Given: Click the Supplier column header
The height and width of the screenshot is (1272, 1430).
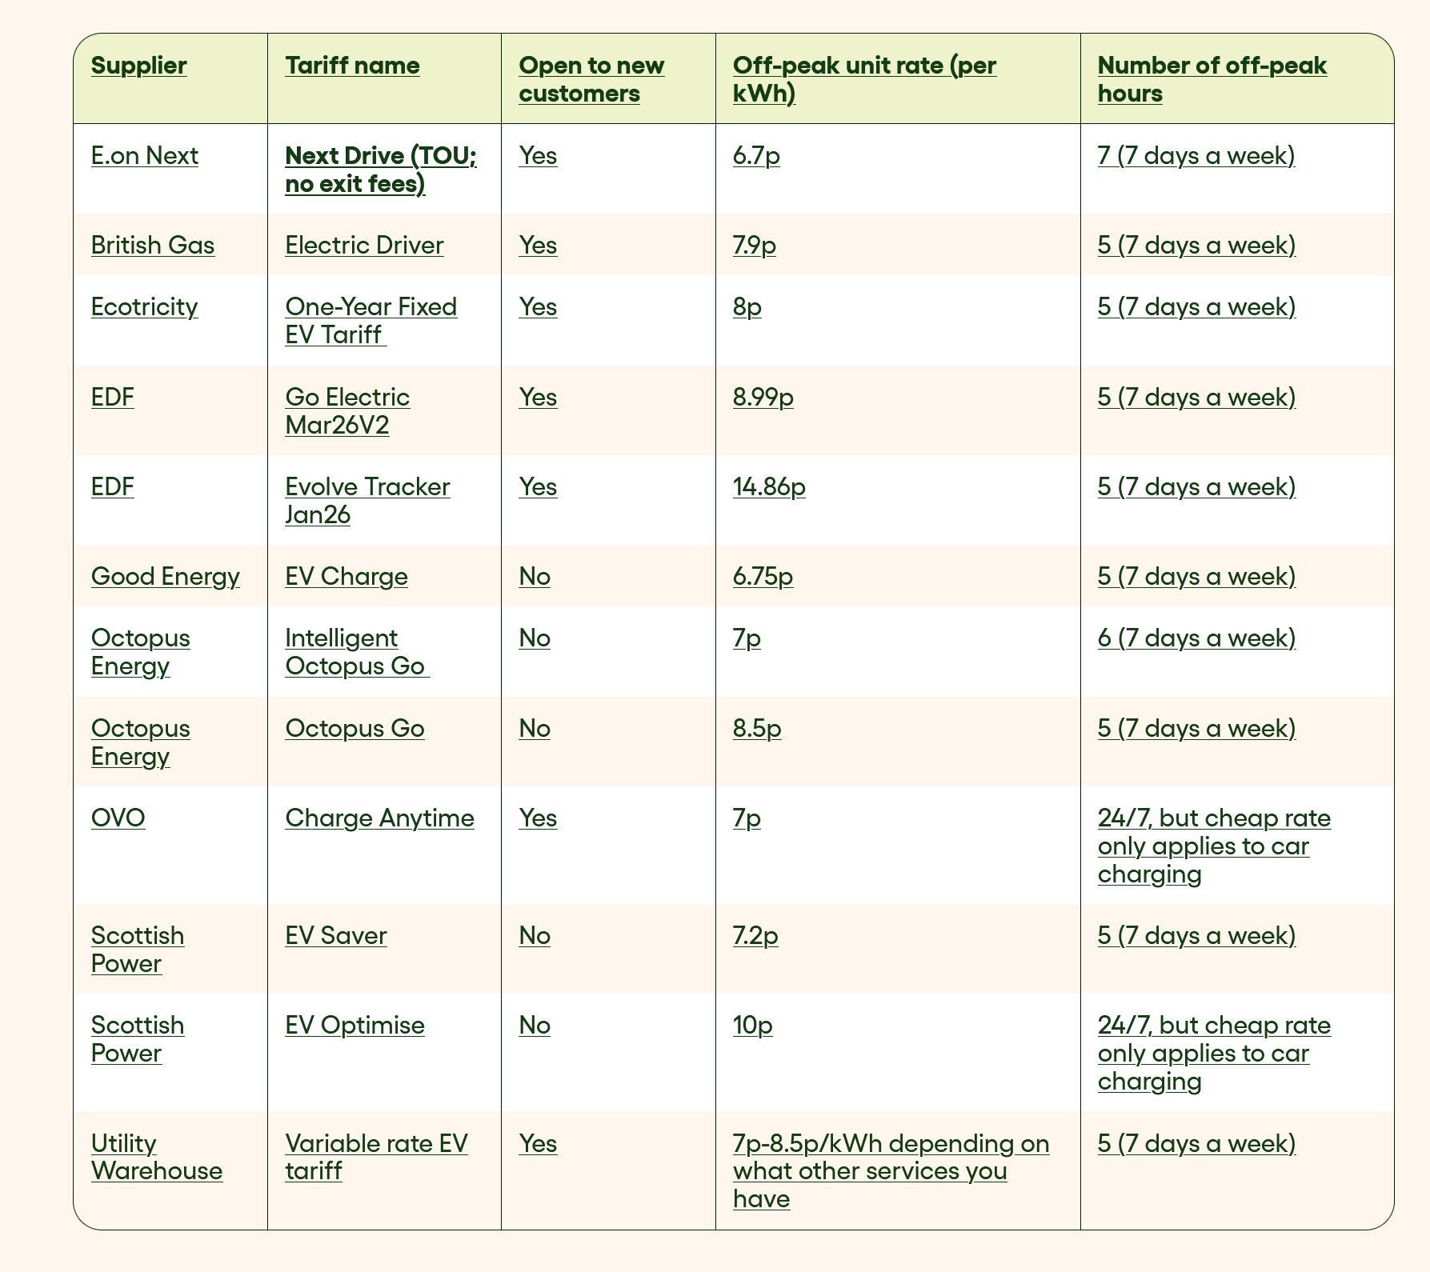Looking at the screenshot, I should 138,66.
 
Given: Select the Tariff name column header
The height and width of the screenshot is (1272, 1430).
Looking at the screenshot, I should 352,66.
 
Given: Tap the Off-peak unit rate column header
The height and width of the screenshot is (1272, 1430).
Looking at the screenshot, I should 864,79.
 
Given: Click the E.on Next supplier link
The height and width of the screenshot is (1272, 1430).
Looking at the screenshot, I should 144,155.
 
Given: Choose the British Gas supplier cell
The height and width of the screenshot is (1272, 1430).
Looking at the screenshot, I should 153,245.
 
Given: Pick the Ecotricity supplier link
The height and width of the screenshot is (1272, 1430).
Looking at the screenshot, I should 144,306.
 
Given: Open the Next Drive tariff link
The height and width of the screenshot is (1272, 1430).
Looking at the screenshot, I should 381,170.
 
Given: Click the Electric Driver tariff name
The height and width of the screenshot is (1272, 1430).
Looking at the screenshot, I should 364,245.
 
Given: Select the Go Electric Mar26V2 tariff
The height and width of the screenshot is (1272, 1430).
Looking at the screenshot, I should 347,410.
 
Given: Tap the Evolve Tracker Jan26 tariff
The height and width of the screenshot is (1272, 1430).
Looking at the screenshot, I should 367,500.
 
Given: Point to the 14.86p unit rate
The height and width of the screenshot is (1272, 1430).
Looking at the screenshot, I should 769,486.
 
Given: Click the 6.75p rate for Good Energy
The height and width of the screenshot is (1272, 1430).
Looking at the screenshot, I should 763,576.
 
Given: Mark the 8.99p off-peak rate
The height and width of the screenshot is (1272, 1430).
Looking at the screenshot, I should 763,397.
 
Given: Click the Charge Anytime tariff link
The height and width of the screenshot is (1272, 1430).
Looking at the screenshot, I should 379,818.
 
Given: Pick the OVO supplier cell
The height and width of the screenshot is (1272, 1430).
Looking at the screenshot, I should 118,818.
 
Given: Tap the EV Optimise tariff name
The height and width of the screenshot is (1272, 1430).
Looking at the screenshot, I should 354,1025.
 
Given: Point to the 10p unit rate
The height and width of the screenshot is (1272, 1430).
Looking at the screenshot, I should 752,1025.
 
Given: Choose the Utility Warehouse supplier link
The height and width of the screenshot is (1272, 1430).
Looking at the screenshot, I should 157,1157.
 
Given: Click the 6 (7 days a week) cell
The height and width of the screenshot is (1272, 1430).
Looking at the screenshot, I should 1196,638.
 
